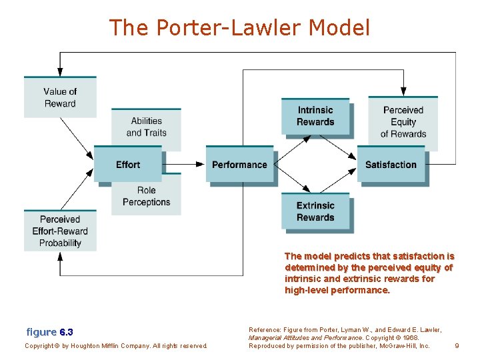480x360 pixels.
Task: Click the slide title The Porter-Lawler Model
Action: tap(239, 27)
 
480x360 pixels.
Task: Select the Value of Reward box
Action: tap(60, 97)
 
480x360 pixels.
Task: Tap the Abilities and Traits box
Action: tap(146, 127)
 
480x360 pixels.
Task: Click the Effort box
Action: tap(127, 164)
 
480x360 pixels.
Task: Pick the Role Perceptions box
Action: tap(146, 197)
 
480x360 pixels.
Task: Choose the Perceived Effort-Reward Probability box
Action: tap(60, 231)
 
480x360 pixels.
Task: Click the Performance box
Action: tap(239, 164)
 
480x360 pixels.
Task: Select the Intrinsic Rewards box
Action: tap(316, 116)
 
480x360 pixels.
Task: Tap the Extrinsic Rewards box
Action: tap(316, 211)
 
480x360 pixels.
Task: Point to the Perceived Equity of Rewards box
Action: tap(403, 122)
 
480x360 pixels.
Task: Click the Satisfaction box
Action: tap(391, 164)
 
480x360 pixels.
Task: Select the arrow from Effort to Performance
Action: tap(183, 164)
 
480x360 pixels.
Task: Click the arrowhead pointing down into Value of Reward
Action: tap(60, 71)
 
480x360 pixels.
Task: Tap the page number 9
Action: tap(457, 345)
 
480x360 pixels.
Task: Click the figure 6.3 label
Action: tap(50, 332)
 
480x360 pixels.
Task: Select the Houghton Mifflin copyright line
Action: tap(116, 345)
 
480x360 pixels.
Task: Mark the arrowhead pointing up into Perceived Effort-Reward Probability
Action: tap(60, 256)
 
